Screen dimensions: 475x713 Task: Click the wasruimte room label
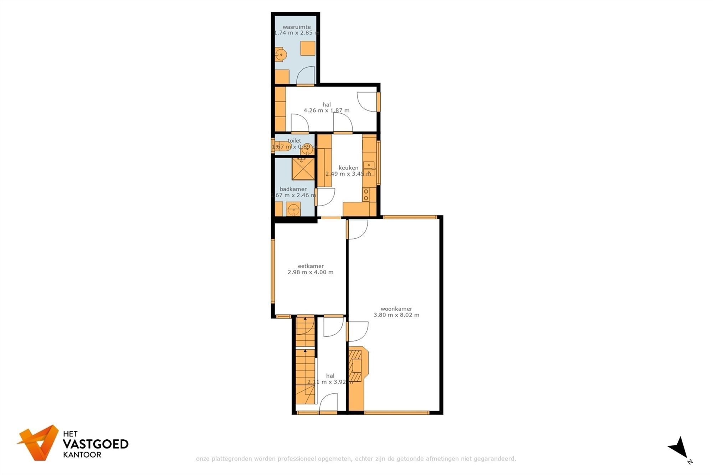point(296,27)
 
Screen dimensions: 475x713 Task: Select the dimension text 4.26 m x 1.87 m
point(326,110)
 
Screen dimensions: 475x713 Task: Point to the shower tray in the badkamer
point(303,169)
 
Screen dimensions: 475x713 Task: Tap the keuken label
point(348,168)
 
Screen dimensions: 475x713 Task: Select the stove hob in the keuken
point(366,195)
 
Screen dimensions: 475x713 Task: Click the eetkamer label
point(311,266)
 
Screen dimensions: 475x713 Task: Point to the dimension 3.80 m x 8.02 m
point(396,315)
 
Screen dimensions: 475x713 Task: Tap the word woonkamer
point(396,309)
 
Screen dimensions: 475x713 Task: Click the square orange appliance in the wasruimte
point(307,48)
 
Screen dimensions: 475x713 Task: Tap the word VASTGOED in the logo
point(95,444)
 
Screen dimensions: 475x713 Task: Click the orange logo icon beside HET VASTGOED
point(40,442)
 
